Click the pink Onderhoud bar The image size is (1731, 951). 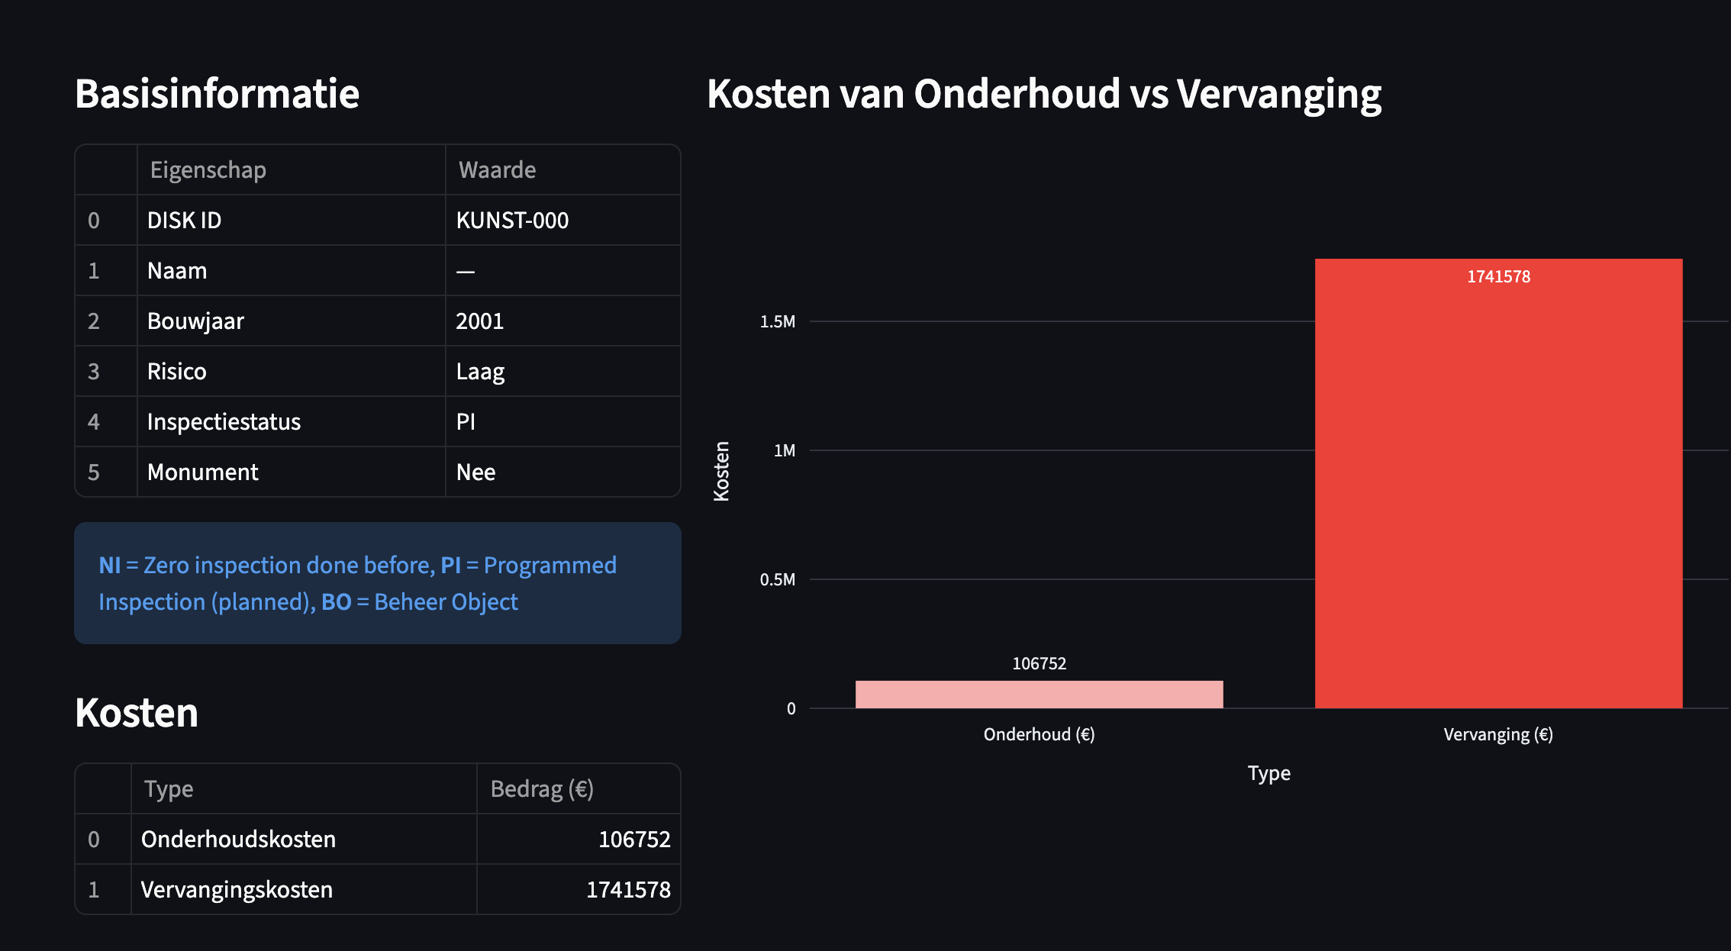pos(1039,695)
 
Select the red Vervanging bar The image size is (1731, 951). pos(1498,488)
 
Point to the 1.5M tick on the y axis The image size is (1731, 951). pos(778,321)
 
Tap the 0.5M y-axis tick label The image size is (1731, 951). pos(778,579)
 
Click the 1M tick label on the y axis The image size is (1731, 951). pos(784,450)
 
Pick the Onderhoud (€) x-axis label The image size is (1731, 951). pos(1039,734)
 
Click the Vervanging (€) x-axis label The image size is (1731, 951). pos(1498,734)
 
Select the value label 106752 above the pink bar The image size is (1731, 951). pos(1039,663)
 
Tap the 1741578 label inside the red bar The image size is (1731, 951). pos(1498,276)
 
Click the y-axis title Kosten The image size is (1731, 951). pos(721,471)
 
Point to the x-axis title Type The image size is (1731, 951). pos(1268,773)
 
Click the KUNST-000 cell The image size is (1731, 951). pos(512,221)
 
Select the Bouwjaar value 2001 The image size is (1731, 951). pos(480,321)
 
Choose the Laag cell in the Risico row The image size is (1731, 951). pos(480,372)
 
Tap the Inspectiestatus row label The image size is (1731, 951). pos(224,422)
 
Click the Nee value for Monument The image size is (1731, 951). pos(475,472)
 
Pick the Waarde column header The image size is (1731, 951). pos(497,169)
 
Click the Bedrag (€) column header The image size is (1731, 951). pos(542,788)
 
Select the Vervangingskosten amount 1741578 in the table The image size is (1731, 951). pos(628,889)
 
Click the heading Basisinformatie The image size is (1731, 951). pos(217,94)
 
